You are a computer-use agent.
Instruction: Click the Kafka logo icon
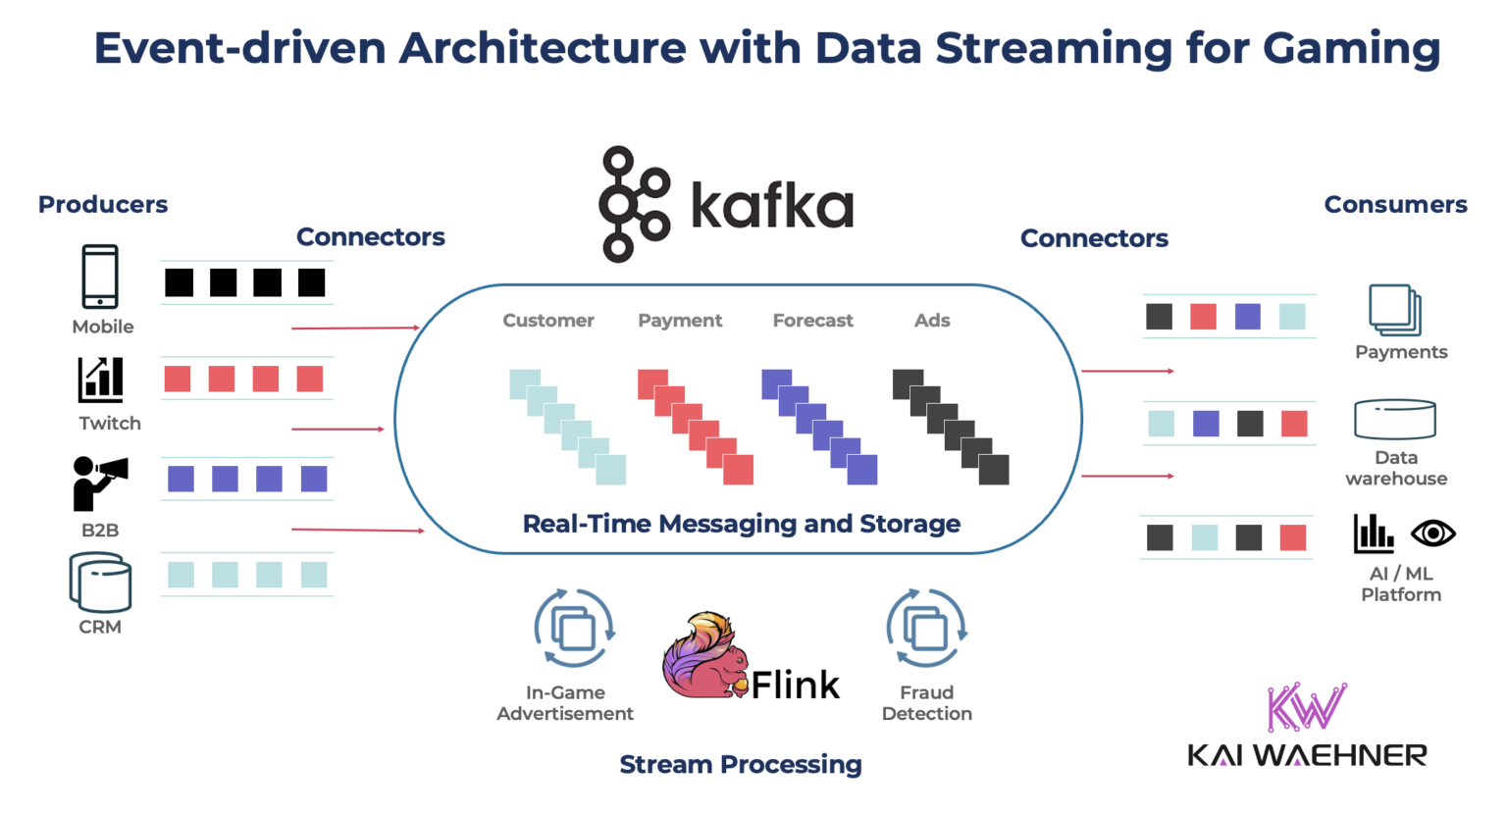tap(634, 204)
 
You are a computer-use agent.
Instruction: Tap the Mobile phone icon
tap(100, 277)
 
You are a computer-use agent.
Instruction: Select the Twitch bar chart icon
tap(101, 380)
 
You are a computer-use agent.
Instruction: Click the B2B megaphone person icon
tap(98, 483)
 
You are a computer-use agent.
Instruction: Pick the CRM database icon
tap(100, 583)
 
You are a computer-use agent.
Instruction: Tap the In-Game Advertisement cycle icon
tap(574, 628)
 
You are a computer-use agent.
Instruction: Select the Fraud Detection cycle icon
tap(926, 628)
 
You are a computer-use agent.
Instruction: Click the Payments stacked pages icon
tap(1394, 310)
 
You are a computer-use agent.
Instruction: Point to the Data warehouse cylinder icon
tap(1394, 419)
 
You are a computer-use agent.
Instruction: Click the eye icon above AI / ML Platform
tap(1432, 534)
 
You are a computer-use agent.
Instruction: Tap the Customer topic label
tap(547, 321)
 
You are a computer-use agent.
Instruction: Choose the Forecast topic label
tap(812, 321)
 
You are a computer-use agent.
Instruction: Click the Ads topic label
tap(932, 321)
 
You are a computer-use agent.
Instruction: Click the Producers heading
tap(103, 204)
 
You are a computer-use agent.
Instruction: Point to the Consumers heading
tap(1395, 204)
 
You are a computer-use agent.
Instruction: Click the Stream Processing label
tap(741, 764)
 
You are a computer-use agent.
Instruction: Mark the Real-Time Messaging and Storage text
tap(741, 524)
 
